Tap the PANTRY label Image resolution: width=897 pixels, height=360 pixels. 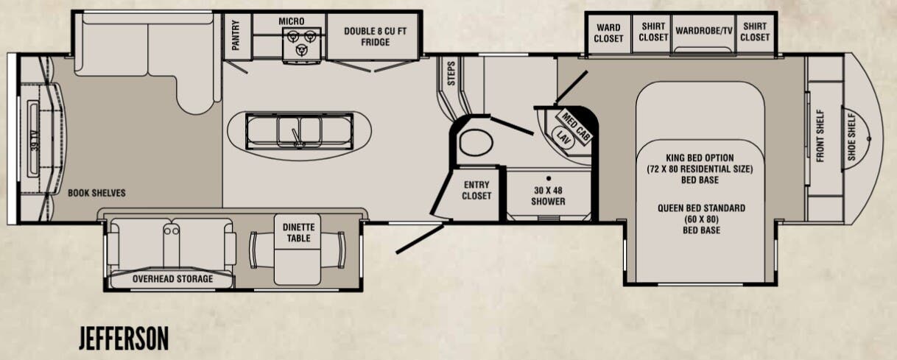coord(236,35)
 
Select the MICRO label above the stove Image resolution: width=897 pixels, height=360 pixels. coord(292,21)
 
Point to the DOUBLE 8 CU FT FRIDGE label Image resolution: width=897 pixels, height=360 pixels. coord(375,36)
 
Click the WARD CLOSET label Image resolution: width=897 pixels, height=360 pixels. coord(608,33)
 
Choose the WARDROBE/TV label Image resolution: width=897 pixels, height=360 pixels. coord(704,30)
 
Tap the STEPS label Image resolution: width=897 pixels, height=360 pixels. coord(451,74)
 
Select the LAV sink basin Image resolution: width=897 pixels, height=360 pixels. coord(563,138)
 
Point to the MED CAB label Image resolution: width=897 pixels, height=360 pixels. coord(575,126)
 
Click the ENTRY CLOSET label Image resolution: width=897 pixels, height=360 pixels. coord(476,190)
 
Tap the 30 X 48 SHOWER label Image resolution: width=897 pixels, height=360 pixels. coord(548,196)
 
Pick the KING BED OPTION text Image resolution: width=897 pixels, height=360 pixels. coord(700,158)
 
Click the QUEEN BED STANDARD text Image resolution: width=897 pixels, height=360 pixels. coord(702,208)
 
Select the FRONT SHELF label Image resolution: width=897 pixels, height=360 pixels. coord(820,135)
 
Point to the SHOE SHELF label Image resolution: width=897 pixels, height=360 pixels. coord(852,136)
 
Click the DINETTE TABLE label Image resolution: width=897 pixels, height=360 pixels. coord(299,233)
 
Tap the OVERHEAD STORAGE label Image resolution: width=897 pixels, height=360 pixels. coord(172,279)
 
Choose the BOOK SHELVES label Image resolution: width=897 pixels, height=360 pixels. coord(96,193)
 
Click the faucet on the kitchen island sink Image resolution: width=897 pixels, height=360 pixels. coord(296,138)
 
